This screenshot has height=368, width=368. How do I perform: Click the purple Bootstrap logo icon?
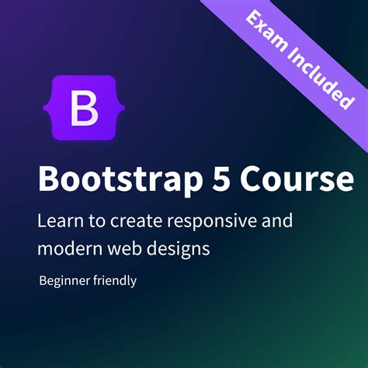click(84, 108)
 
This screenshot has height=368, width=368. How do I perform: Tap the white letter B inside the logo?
click(84, 109)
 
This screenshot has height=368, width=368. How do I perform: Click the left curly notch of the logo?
click(54, 109)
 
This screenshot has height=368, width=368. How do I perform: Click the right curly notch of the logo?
click(113, 109)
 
